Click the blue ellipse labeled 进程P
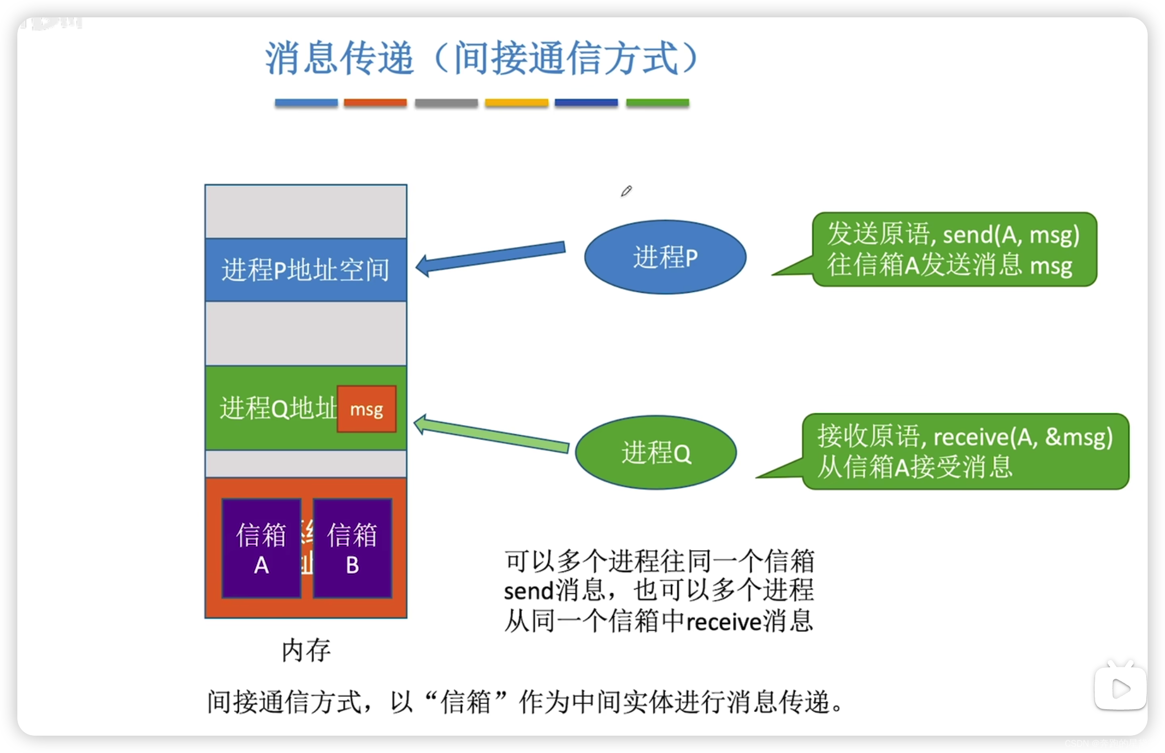(665, 257)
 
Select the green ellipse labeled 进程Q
(656, 452)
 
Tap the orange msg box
(366, 409)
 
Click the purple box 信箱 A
(261, 548)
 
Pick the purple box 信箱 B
(352, 548)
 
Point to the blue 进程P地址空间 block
(306, 270)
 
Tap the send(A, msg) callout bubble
(953, 249)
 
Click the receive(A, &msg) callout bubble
(965, 451)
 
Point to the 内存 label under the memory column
(306, 650)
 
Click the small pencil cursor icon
(626, 191)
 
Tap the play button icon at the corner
(1120, 689)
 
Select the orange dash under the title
(375, 103)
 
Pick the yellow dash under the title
(516, 103)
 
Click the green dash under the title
(657, 103)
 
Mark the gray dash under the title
(446, 103)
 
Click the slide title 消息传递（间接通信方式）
(481, 58)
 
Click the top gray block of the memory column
(306, 212)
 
